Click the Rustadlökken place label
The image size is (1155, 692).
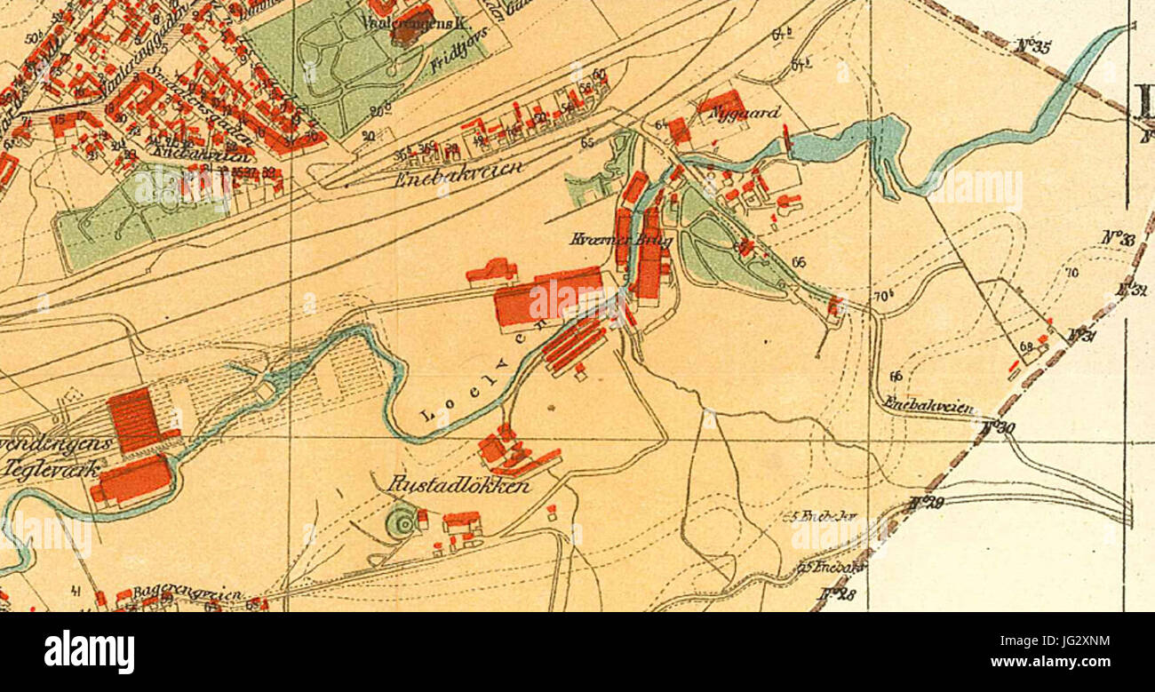(x=459, y=486)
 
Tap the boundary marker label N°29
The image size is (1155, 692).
(x=926, y=503)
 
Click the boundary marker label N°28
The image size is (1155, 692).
(x=837, y=594)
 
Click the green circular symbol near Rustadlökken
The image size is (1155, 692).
(x=402, y=524)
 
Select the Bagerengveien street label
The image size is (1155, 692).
(x=178, y=594)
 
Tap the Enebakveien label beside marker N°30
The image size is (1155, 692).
(x=928, y=406)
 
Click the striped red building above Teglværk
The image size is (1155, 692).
(x=133, y=420)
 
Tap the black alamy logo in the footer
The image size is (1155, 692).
(x=89, y=652)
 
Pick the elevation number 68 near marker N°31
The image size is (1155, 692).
(x=1026, y=346)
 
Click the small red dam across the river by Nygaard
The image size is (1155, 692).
(x=786, y=138)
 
